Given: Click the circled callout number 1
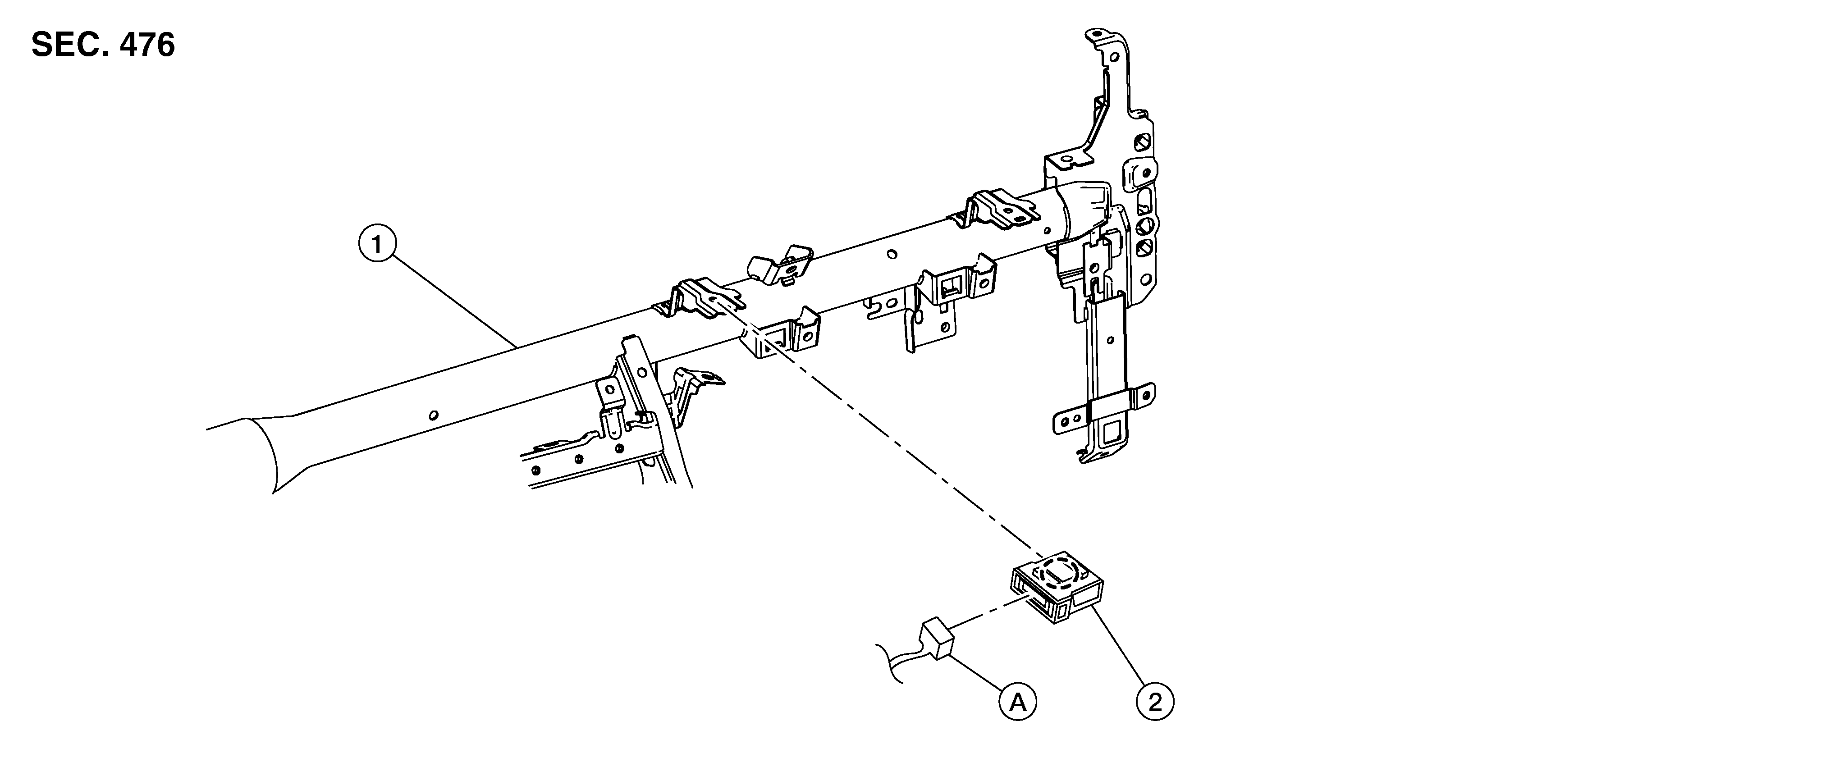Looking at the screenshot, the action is pos(377,245).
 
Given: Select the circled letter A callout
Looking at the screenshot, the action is pos(1017,703).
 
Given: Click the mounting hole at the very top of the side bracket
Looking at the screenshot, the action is pos(1096,33).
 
